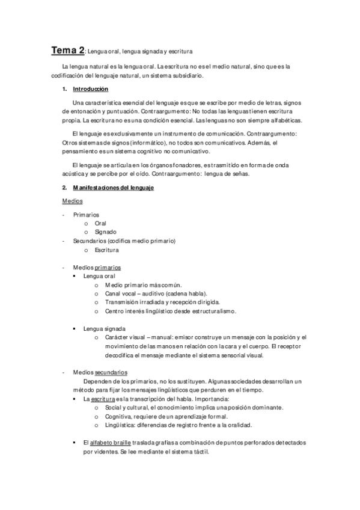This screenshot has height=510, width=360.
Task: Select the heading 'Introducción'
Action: (x=90, y=89)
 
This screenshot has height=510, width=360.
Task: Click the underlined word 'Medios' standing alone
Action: (x=72, y=201)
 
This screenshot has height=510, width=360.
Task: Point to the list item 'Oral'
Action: (x=100, y=223)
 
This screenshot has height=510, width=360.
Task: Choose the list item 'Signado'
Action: (x=106, y=232)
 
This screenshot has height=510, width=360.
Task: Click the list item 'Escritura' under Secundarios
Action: (x=106, y=250)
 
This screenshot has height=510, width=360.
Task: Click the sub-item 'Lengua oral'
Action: (x=99, y=276)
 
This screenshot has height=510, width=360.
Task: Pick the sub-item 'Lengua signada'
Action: (x=105, y=329)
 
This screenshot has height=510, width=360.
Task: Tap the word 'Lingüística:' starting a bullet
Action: (x=120, y=425)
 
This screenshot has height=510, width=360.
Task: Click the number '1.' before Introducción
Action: (x=64, y=89)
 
